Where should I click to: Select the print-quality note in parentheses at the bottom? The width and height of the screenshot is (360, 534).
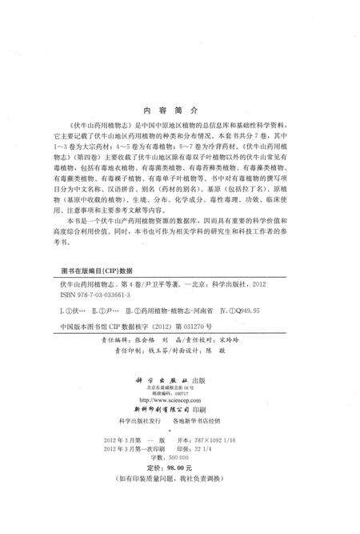(180, 500)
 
